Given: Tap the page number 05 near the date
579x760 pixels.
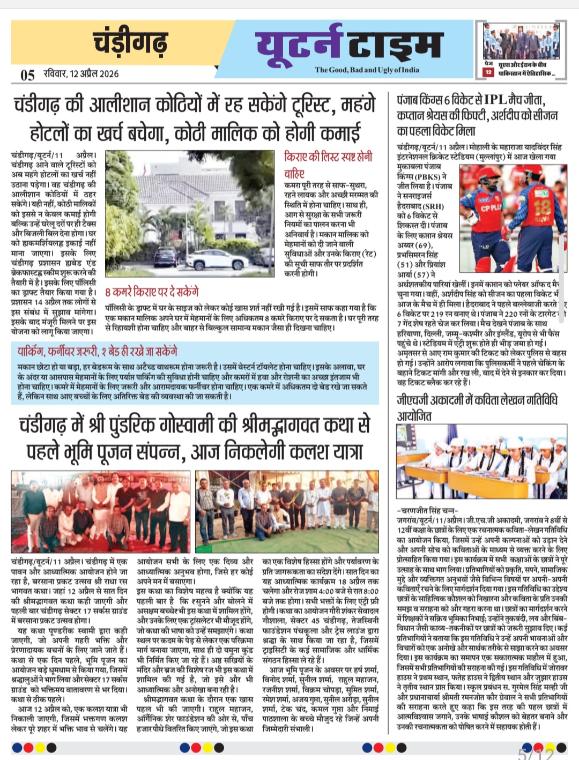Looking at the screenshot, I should tap(27, 75).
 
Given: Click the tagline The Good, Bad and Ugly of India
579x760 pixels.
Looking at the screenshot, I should tap(367, 70).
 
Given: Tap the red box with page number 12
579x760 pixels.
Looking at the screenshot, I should tap(488, 72).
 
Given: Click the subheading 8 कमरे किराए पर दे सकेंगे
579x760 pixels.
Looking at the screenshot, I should tap(152, 292).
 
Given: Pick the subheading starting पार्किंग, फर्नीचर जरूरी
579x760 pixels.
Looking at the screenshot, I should tap(97, 352).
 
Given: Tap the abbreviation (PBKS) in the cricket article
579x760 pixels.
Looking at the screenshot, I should tap(427, 176).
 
